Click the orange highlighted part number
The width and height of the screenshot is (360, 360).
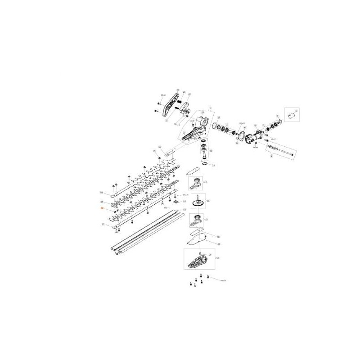[102, 209]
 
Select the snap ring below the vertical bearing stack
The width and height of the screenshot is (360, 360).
[205, 164]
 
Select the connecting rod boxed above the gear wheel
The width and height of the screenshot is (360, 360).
[196, 183]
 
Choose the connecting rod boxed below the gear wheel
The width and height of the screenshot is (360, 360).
[197, 220]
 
